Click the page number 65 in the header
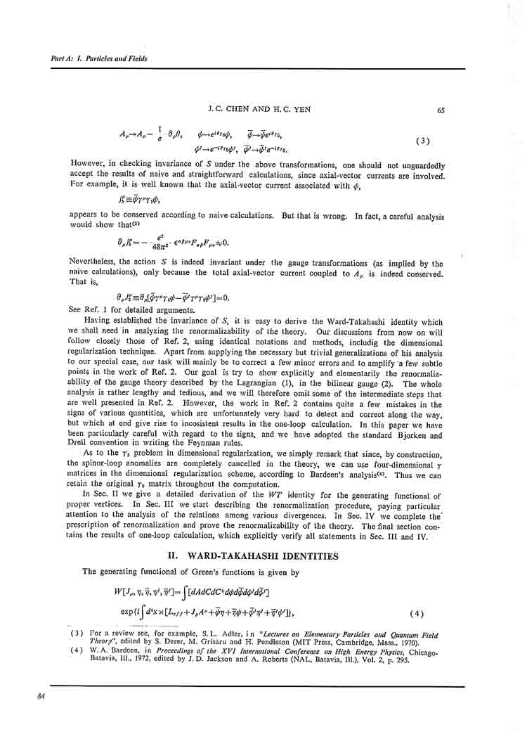[x=441, y=110]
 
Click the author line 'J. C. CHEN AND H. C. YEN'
[x=260, y=110]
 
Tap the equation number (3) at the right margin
[x=423, y=141]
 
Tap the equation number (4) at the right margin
[x=417, y=612]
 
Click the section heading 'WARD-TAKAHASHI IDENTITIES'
[x=263, y=556]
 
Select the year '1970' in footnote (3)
[x=419, y=643]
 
